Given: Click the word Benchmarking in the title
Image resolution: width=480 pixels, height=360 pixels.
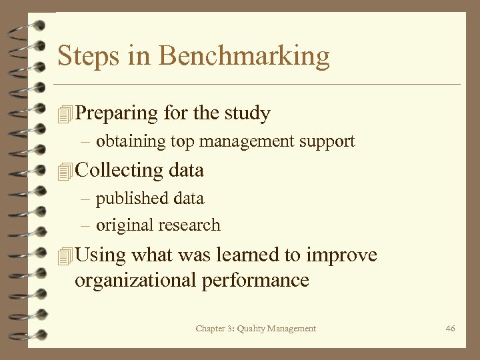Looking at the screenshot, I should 245,57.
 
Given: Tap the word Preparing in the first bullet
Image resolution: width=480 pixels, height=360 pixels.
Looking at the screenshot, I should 117,113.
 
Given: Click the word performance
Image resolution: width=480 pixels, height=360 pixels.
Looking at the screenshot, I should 257,279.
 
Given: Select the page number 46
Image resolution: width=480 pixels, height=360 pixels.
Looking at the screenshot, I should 450,328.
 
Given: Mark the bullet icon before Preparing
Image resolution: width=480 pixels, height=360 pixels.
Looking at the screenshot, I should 64,115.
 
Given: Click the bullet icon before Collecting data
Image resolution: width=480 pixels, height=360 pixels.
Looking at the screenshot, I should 64,171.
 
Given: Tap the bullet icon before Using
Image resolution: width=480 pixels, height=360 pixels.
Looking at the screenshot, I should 64,256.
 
